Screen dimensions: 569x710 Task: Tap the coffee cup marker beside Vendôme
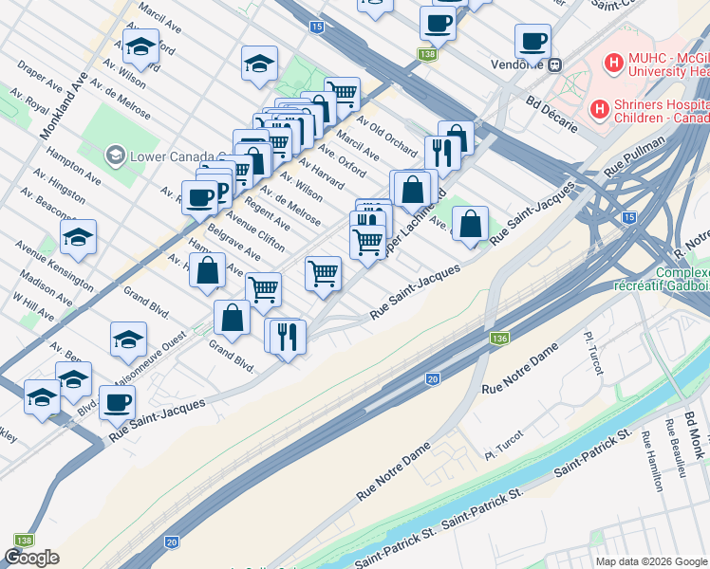pyautogui.click(x=532, y=42)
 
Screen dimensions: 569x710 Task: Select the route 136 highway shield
pyautogui.click(x=498, y=339)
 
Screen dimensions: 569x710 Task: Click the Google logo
pyautogui.click(x=31, y=558)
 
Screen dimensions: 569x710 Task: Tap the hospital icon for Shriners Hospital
pyautogui.click(x=599, y=109)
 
